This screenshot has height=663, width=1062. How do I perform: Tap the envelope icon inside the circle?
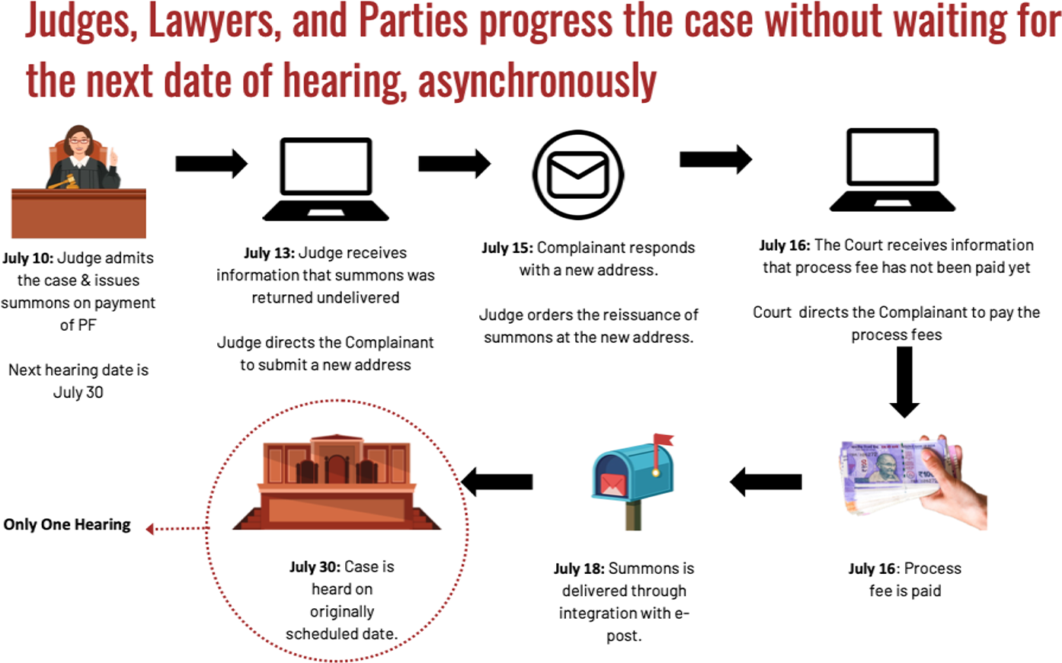pyautogui.click(x=578, y=175)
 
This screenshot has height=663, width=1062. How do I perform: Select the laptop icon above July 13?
pyautogui.click(x=326, y=180)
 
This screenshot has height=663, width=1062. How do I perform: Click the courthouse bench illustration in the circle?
pyautogui.click(x=337, y=483)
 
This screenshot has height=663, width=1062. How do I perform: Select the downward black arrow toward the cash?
pyautogui.click(x=904, y=382)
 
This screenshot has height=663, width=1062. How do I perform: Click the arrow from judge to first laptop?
pyautogui.click(x=211, y=163)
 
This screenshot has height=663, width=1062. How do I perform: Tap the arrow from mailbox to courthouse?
pyautogui.click(x=497, y=482)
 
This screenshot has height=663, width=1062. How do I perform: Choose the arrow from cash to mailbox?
pyautogui.click(x=766, y=482)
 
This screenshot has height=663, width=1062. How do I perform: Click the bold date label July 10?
pyautogui.click(x=27, y=258)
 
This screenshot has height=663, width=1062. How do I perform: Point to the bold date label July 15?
pyautogui.click(x=507, y=248)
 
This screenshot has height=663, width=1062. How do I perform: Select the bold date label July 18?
pyautogui.click(x=579, y=569)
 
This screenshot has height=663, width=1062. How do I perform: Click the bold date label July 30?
pyautogui.click(x=315, y=567)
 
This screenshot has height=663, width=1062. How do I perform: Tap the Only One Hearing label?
pyautogui.click(x=67, y=524)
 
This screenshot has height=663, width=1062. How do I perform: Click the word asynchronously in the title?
pyautogui.click(x=537, y=80)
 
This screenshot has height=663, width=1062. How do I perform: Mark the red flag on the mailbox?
pyautogui.click(x=663, y=440)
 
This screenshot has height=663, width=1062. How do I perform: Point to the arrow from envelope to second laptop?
pyautogui.click(x=715, y=159)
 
